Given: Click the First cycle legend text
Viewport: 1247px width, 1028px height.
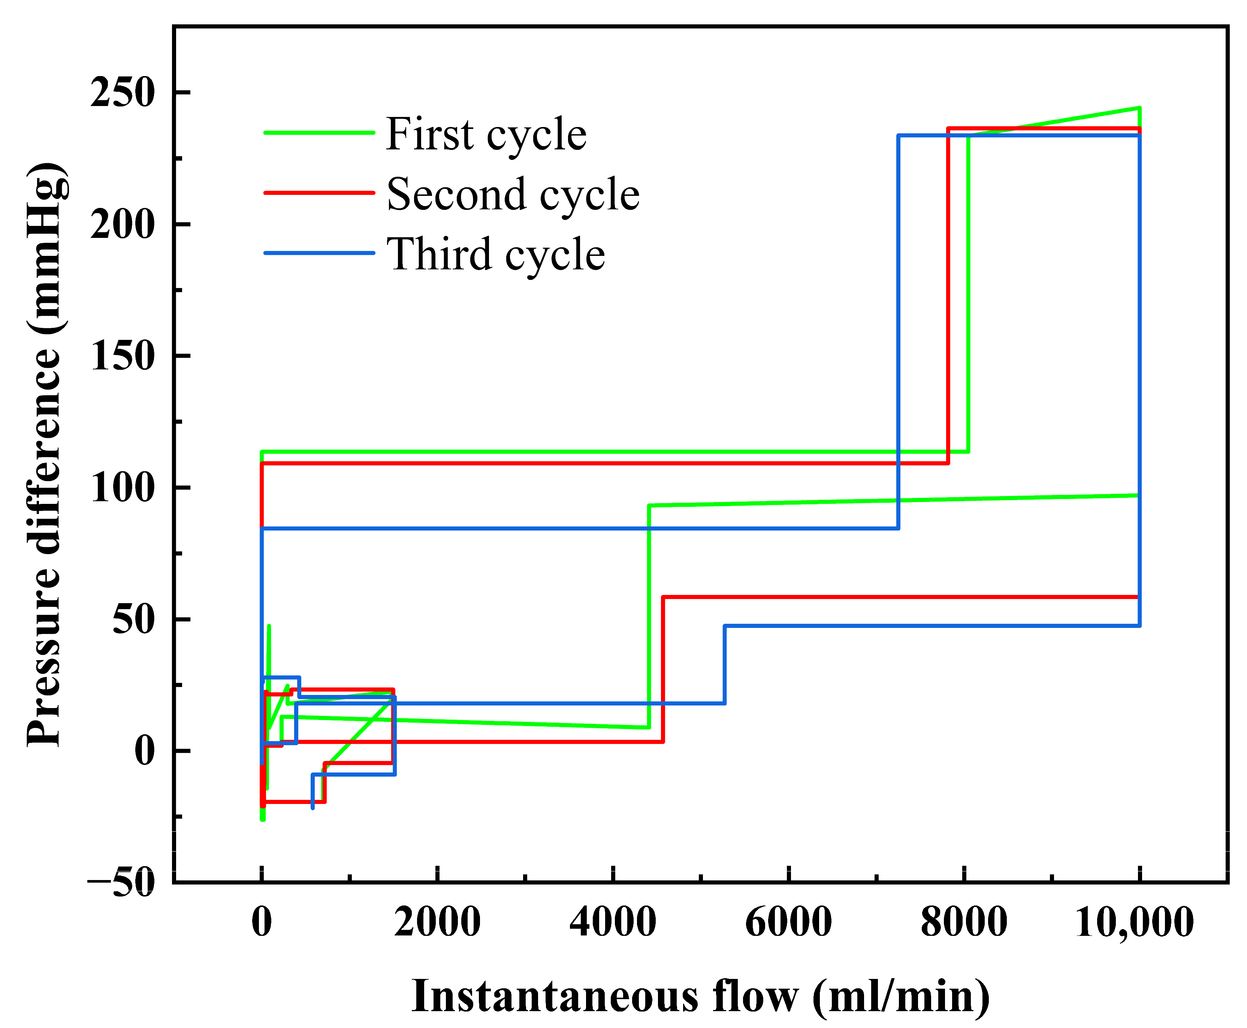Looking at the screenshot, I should click(486, 134).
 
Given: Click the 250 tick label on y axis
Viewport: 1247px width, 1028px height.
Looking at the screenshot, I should click(123, 93).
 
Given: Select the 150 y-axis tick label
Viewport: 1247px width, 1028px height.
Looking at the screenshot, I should click(123, 357).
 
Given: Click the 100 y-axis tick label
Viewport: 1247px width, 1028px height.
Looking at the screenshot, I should click(123, 489).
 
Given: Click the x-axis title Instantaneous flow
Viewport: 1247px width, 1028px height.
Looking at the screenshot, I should click(700, 996).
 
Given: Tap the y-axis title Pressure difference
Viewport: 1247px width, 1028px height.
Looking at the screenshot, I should click(45, 454).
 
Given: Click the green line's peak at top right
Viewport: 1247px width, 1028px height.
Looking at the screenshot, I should click(1139, 108).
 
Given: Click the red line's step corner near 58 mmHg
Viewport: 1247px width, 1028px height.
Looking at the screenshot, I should click(663, 598).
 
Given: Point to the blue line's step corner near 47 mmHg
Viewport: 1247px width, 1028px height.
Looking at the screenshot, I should click(725, 626).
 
